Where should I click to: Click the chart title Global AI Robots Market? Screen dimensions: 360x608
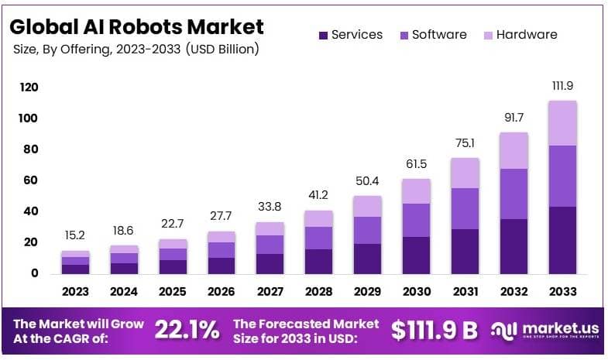pos(136,26)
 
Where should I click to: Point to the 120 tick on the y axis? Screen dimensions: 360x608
pos(29,87)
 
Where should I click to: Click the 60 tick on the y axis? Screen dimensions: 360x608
pos(29,180)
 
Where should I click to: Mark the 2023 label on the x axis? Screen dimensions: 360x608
pos(75,292)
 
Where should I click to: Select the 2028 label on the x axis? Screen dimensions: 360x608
pos(318,292)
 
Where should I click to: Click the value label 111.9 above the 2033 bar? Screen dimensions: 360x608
pos(562,85)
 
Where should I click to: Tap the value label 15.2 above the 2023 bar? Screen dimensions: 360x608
pos(75,235)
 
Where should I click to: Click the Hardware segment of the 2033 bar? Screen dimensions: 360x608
pos(562,123)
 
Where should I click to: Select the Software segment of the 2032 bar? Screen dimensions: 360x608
pos(514,194)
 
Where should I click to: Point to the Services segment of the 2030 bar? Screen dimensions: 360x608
pos(416,255)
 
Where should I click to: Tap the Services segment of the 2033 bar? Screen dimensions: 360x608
pos(562,240)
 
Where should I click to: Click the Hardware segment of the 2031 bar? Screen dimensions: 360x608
pos(465,173)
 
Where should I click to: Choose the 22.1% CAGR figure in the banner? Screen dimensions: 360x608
pos(187,331)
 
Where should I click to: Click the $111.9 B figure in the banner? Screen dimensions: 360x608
pos(434,331)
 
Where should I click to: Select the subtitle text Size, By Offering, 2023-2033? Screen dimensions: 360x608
pos(136,50)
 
